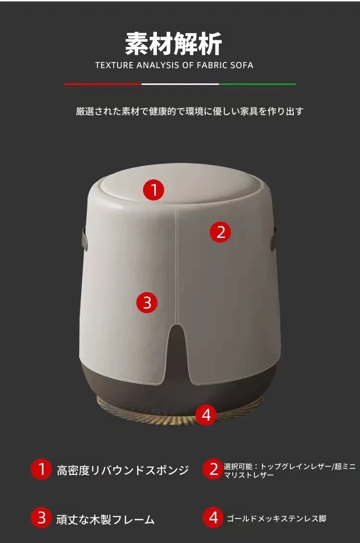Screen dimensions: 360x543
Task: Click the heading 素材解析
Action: tap(173, 44)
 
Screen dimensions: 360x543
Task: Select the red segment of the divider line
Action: tap(103, 84)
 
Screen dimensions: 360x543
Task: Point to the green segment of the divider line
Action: tap(257, 84)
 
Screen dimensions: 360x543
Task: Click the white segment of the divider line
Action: tap(180, 84)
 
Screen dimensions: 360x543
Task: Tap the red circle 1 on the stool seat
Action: tap(154, 190)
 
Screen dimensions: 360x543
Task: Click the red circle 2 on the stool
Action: tap(221, 232)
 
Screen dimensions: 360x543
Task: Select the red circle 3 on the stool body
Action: tap(147, 302)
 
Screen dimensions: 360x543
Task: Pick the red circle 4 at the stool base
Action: tap(206, 414)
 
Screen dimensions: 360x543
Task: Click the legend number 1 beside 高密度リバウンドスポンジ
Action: tap(41, 469)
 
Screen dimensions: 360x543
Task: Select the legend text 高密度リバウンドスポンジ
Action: tap(123, 470)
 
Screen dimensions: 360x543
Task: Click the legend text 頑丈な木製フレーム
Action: tap(105, 519)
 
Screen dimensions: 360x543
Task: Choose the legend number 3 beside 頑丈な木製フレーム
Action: tap(41, 519)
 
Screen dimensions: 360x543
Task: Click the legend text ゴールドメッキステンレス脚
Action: tap(276, 519)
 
